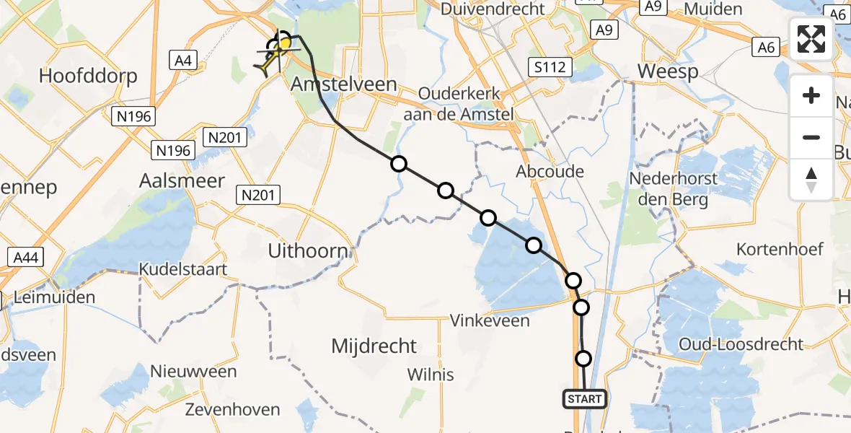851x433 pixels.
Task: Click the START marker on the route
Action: pos(584,398)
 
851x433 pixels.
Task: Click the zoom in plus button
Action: pos(811,95)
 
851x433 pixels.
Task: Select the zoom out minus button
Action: pos(811,137)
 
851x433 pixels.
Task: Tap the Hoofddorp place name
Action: pos(88,76)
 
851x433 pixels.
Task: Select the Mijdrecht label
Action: pos(374,346)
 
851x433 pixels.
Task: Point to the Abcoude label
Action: pos(550,172)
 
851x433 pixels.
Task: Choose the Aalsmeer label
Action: pos(182,180)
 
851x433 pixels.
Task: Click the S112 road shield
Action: pos(549,68)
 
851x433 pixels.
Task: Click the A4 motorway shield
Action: pos(183,61)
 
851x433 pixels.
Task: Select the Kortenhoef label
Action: pos(780,250)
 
